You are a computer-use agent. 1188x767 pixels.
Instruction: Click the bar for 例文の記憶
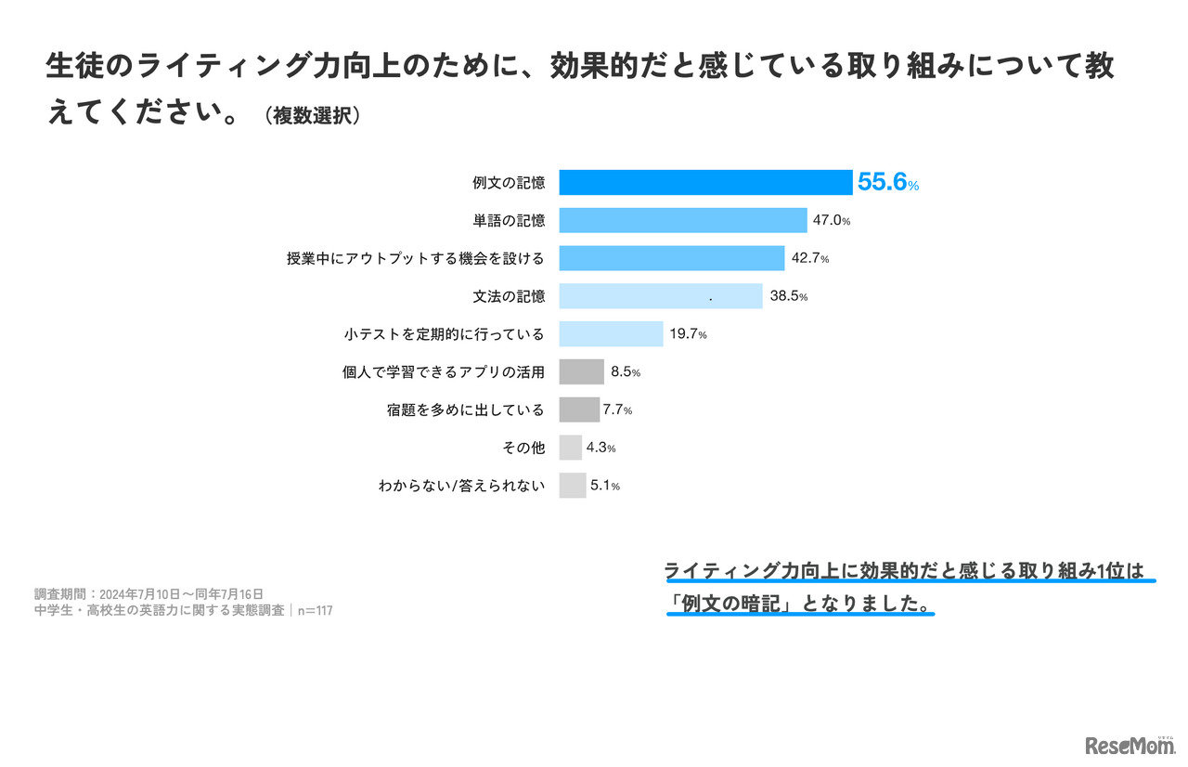pyautogui.click(x=705, y=182)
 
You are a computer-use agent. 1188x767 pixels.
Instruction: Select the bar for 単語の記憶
pyautogui.click(x=682, y=220)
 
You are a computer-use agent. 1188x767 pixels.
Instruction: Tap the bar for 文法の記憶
pyautogui.click(x=660, y=296)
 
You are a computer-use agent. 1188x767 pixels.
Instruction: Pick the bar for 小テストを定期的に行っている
pyautogui.click(x=611, y=333)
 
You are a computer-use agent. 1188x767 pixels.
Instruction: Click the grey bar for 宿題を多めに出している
pyautogui.click(x=579, y=409)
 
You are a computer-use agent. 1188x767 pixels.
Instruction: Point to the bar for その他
pyautogui.click(x=570, y=448)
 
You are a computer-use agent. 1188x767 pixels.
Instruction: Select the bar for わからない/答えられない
pyautogui.click(x=572, y=486)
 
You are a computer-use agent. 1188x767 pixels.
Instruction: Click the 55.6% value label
pyautogui.click(x=887, y=183)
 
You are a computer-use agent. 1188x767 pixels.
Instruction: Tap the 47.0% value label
pyautogui.click(x=832, y=221)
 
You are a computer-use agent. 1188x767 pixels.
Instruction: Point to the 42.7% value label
pyautogui.click(x=809, y=258)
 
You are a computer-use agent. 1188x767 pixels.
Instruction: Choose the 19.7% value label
pyautogui.click(x=688, y=334)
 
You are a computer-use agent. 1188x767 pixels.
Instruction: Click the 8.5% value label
pyautogui.click(x=625, y=372)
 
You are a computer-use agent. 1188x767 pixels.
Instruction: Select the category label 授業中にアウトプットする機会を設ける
pyautogui.click(x=415, y=258)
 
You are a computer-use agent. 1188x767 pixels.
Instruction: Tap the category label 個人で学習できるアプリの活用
pyautogui.click(x=443, y=372)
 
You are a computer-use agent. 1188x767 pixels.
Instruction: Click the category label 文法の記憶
pyautogui.click(x=509, y=296)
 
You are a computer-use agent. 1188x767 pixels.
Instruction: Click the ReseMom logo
pyautogui.click(x=1130, y=745)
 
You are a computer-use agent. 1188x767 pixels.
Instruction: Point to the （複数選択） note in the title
pyautogui.click(x=312, y=117)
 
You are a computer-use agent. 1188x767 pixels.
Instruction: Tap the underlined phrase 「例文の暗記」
pyautogui.click(x=733, y=604)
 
